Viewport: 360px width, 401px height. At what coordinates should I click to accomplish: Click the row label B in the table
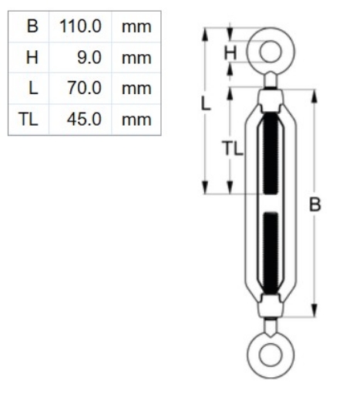(32, 26)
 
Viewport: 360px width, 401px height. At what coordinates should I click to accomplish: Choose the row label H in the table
(32, 57)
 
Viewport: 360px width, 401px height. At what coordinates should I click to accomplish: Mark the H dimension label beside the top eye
(230, 52)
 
